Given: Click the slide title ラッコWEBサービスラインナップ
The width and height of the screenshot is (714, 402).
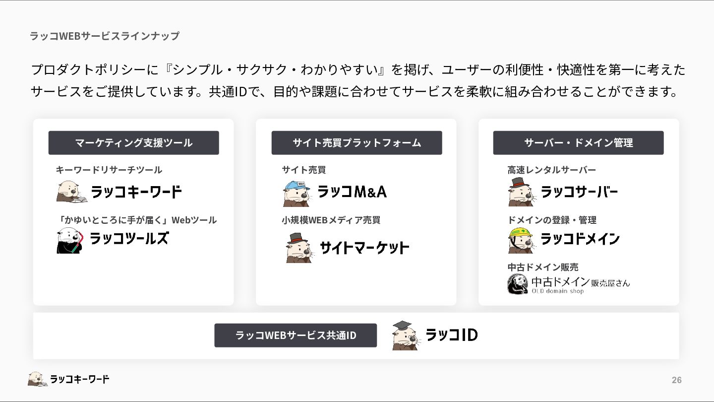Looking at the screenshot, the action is coord(105,36).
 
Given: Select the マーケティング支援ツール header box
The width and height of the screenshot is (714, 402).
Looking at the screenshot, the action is coord(133,143).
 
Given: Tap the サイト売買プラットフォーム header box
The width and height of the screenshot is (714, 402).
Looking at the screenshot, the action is coord(357,143).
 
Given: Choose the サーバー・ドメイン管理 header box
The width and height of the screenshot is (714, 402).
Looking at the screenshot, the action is coord(578,143).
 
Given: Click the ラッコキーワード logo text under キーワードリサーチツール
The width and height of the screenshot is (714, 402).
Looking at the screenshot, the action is coord(136,192).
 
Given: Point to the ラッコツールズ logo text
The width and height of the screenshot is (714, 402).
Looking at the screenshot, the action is coord(129,239).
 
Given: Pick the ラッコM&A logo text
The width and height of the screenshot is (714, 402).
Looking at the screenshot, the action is coord(352,192).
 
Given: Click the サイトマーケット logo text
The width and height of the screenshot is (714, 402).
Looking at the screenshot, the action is coord(364,247).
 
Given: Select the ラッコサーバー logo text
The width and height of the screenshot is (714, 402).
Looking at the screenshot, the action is coord(579,192).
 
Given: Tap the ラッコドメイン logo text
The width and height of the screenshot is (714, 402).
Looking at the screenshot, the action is coord(580,239).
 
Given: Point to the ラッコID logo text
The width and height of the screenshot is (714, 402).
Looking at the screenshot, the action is coord(452,335).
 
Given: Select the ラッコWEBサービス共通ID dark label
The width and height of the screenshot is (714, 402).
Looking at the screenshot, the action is coord(296,335).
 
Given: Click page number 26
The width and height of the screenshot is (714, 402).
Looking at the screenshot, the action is coord(676,380).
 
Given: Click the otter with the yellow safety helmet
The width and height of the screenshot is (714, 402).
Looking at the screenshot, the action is coord(521,240).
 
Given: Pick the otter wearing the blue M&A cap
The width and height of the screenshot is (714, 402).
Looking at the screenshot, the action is coord(297,193).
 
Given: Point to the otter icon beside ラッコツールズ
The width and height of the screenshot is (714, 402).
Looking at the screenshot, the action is coord(69,241).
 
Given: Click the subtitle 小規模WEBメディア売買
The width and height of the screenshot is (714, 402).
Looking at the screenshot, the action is coord(331,220).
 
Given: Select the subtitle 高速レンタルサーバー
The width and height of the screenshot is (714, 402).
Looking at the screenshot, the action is coord(551,170).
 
